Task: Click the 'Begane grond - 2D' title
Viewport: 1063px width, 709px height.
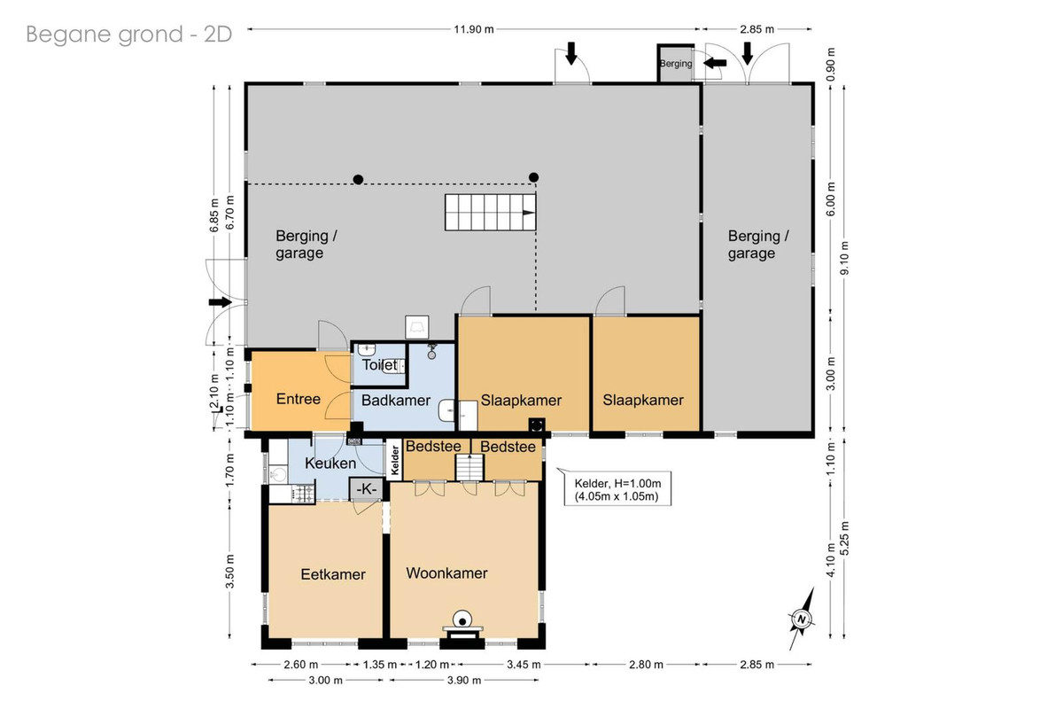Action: tap(128, 35)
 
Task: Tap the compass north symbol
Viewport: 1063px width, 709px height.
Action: tap(802, 619)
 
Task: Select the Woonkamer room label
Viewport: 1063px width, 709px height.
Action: tap(446, 573)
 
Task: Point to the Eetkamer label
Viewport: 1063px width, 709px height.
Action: tap(333, 574)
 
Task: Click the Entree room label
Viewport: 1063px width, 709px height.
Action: tap(298, 399)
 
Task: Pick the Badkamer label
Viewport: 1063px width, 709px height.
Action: tap(396, 401)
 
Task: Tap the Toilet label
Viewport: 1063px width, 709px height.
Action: tap(380, 365)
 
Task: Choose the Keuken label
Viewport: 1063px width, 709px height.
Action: tap(330, 463)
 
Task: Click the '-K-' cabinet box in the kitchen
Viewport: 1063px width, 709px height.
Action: tap(367, 488)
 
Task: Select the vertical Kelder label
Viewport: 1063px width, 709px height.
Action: tap(395, 460)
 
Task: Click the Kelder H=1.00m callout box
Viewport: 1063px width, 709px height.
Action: tap(617, 489)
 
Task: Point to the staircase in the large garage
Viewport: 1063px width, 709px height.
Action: tap(490, 213)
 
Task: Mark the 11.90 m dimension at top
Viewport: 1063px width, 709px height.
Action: tap(474, 29)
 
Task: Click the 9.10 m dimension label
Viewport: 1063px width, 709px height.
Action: tap(844, 258)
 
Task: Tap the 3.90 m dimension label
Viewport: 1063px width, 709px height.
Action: tap(464, 680)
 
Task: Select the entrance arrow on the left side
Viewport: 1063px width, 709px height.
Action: tap(221, 302)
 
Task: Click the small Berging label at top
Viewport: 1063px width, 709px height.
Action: tap(676, 64)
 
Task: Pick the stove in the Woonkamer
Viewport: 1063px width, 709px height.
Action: tap(462, 626)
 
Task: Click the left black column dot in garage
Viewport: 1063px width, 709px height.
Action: tap(358, 180)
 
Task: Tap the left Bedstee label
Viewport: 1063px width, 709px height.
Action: tap(433, 447)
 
